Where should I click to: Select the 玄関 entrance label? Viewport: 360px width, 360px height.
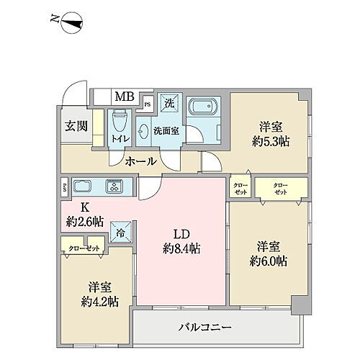pyautogui.click(x=75, y=127)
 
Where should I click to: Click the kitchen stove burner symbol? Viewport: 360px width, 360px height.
pyautogui.click(x=114, y=186)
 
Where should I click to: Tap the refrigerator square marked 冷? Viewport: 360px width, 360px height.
pyautogui.click(x=120, y=233)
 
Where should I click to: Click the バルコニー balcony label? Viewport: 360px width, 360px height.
pyautogui.click(x=205, y=327)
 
